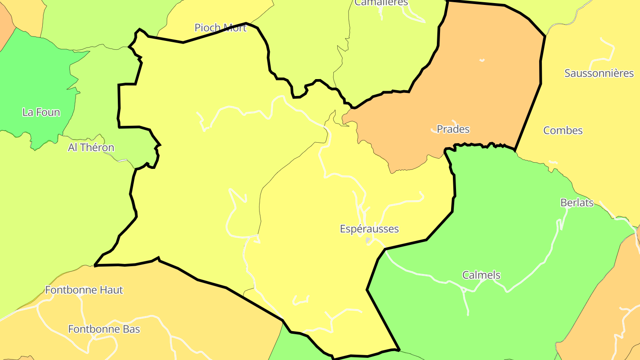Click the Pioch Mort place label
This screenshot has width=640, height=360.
220,28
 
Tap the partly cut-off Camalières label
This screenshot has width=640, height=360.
381,3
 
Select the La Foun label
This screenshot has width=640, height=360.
41,112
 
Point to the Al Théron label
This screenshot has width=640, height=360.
91,148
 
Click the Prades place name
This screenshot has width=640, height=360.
453,129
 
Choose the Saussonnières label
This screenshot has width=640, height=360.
599,73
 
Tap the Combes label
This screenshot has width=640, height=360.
563,131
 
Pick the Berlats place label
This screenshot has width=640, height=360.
576,203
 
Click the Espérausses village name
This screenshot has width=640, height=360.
369,229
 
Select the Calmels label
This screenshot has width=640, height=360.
481,275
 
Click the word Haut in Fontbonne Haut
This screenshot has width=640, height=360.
111,290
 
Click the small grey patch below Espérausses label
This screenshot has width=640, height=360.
368,240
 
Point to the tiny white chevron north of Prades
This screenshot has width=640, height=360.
482,60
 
